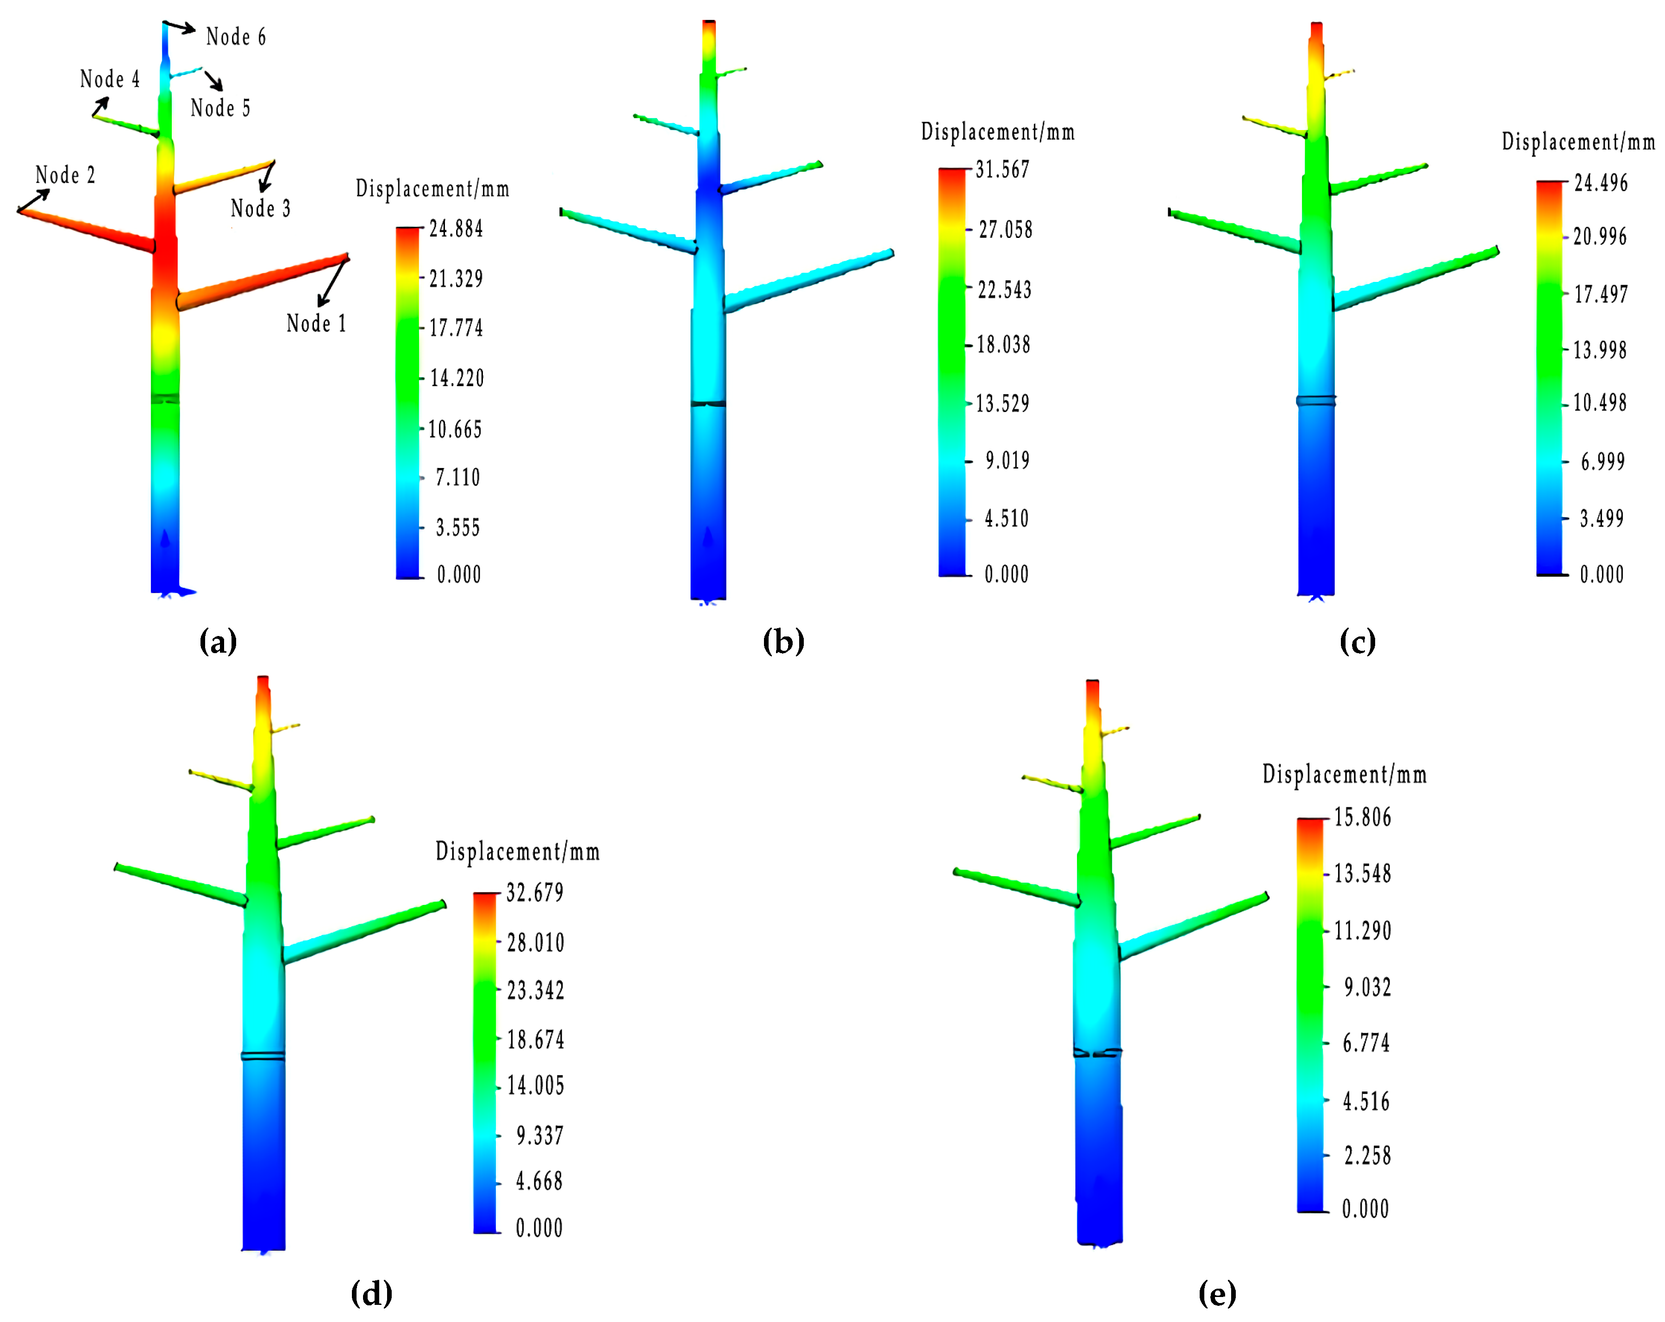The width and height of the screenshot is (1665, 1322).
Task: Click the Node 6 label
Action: [236, 37]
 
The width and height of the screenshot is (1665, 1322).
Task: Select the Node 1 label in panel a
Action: [316, 324]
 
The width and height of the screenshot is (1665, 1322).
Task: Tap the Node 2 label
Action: [66, 175]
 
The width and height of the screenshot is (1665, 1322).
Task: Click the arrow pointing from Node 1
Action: [332, 282]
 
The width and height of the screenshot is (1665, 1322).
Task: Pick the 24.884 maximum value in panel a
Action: [456, 229]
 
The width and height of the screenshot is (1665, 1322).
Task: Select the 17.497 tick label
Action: [1600, 294]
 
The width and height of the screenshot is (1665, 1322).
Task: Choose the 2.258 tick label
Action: [1367, 1155]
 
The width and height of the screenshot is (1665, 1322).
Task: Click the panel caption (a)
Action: [218, 642]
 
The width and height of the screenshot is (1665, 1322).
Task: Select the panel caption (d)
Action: [371, 1293]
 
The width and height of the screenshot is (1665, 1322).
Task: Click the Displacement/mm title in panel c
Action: [1578, 142]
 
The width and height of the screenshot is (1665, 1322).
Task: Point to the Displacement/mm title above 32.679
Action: [517, 852]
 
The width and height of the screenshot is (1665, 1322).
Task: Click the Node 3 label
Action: [260, 208]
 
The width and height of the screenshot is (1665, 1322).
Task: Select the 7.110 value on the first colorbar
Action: [457, 478]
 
